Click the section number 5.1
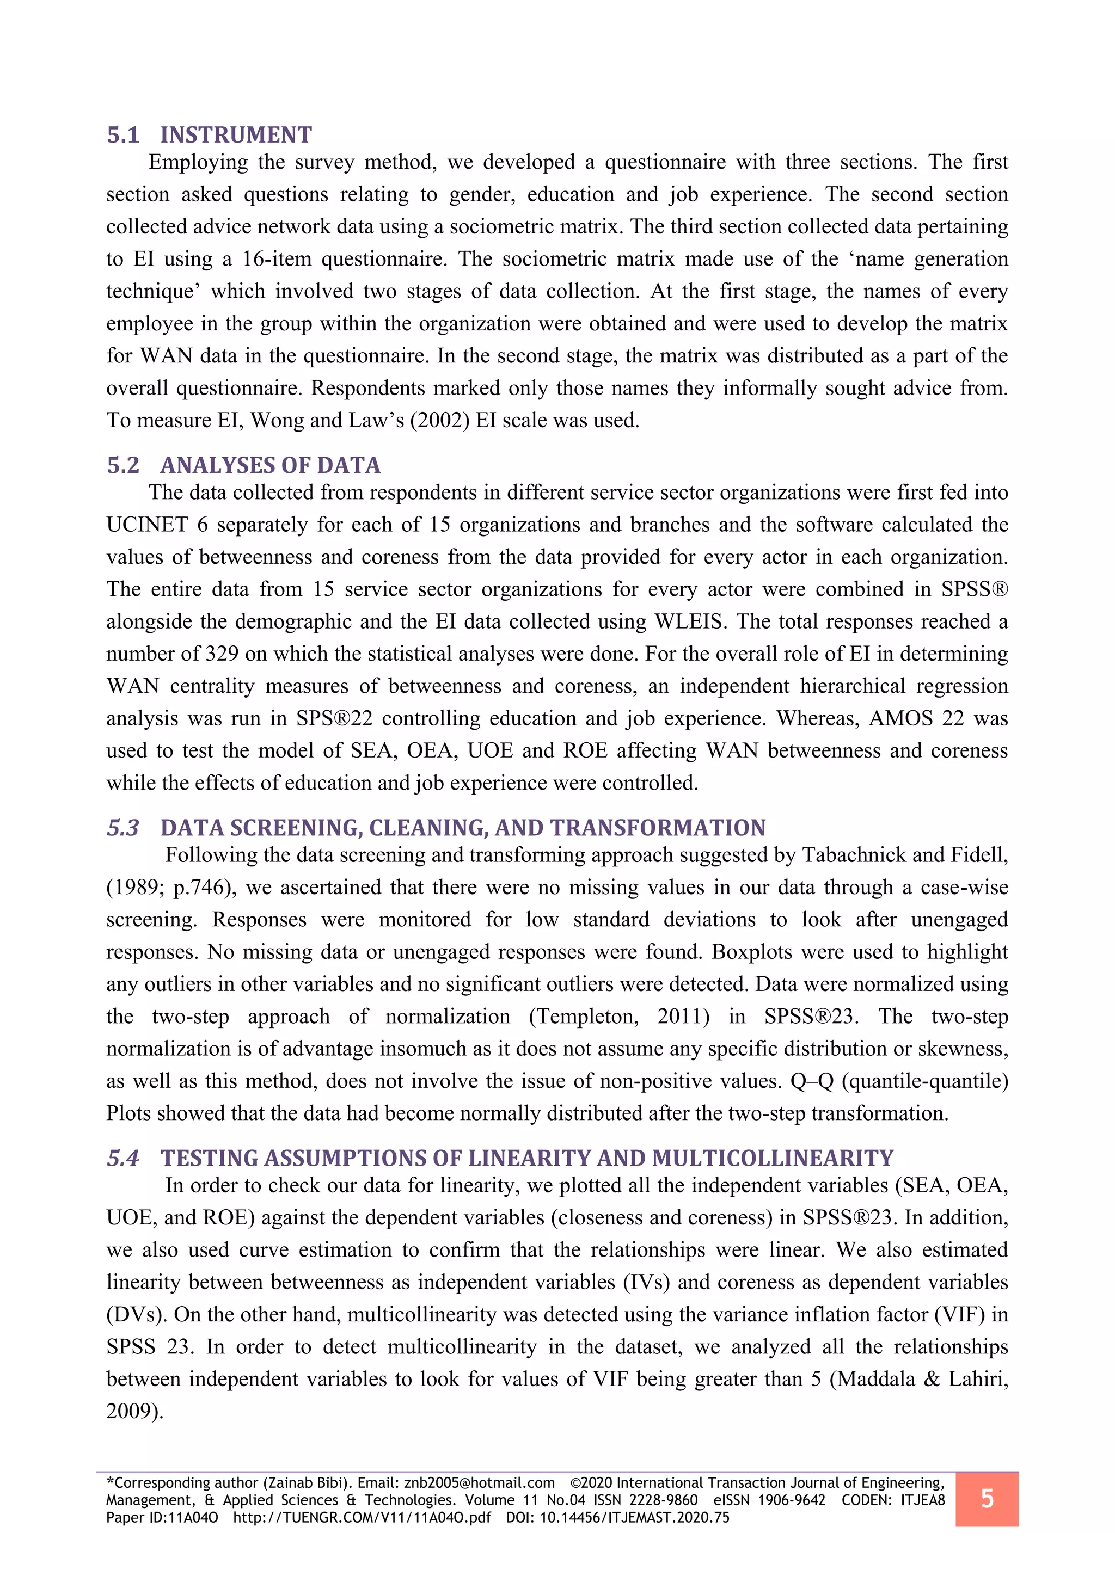pos(123,135)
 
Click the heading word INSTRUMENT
pos(236,135)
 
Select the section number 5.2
pos(123,465)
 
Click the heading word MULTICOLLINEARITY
pos(773,1158)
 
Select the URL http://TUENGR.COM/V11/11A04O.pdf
pos(362,1518)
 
